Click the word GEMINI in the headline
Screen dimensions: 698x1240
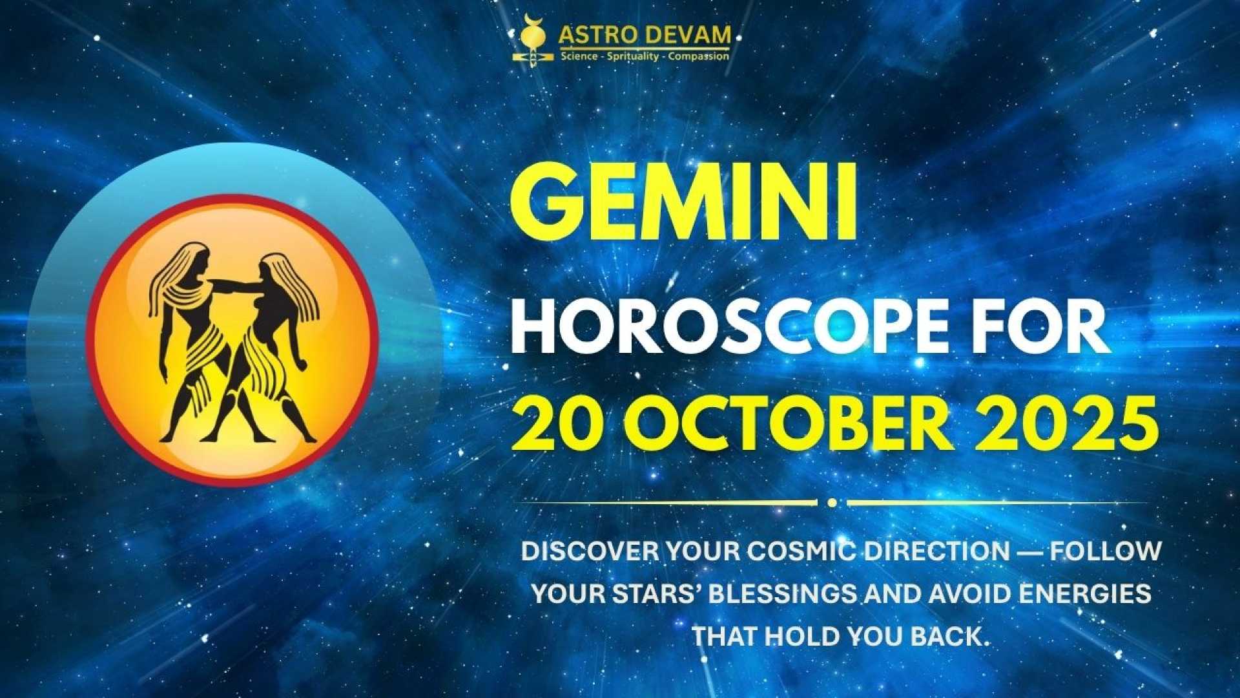pos(683,202)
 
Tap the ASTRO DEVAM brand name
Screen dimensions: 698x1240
pos(645,36)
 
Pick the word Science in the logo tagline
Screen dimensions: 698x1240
pos(579,57)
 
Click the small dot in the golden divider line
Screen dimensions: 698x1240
pos(832,503)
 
